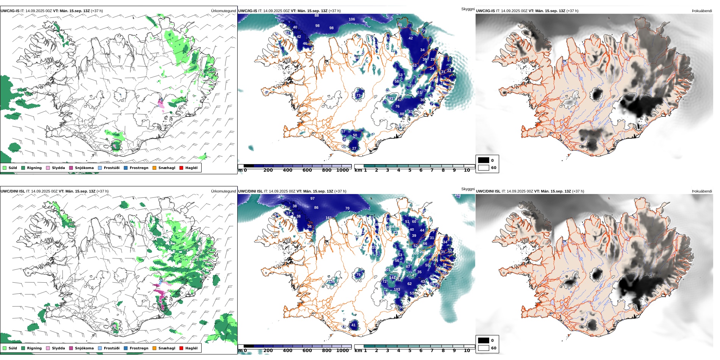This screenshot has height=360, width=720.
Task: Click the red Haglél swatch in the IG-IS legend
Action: [x=181, y=168]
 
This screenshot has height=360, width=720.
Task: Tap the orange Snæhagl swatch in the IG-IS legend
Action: [x=154, y=168]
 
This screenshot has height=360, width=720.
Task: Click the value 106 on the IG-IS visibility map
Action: [x=352, y=19]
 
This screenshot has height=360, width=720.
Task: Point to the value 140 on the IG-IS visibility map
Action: [x=399, y=25]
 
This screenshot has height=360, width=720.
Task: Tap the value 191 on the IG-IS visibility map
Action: [x=390, y=99]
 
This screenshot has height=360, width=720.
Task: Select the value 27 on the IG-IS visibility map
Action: [x=354, y=149]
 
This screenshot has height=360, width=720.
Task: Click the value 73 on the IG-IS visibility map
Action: [x=358, y=95]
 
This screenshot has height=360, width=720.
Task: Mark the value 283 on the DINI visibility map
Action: [x=457, y=195]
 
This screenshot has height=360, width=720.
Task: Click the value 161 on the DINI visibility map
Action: [x=329, y=218]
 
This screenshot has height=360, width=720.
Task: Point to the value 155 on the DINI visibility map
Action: [x=332, y=282]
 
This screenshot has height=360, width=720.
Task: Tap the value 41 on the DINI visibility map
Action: [x=353, y=325]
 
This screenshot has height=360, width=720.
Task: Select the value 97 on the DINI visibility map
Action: [x=312, y=199]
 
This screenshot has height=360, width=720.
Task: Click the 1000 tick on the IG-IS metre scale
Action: [x=343, y=171]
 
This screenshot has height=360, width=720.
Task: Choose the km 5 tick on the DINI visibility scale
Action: [x=410, y=351]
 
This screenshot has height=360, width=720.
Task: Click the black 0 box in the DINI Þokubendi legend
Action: [x=483, y=340]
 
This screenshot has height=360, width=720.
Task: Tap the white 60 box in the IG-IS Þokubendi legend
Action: [x=483, y=167]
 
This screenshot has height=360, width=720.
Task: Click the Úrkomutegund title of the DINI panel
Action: [x=223, y=191]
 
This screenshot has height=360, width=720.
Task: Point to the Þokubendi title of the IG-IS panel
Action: [x=702, y=11]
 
